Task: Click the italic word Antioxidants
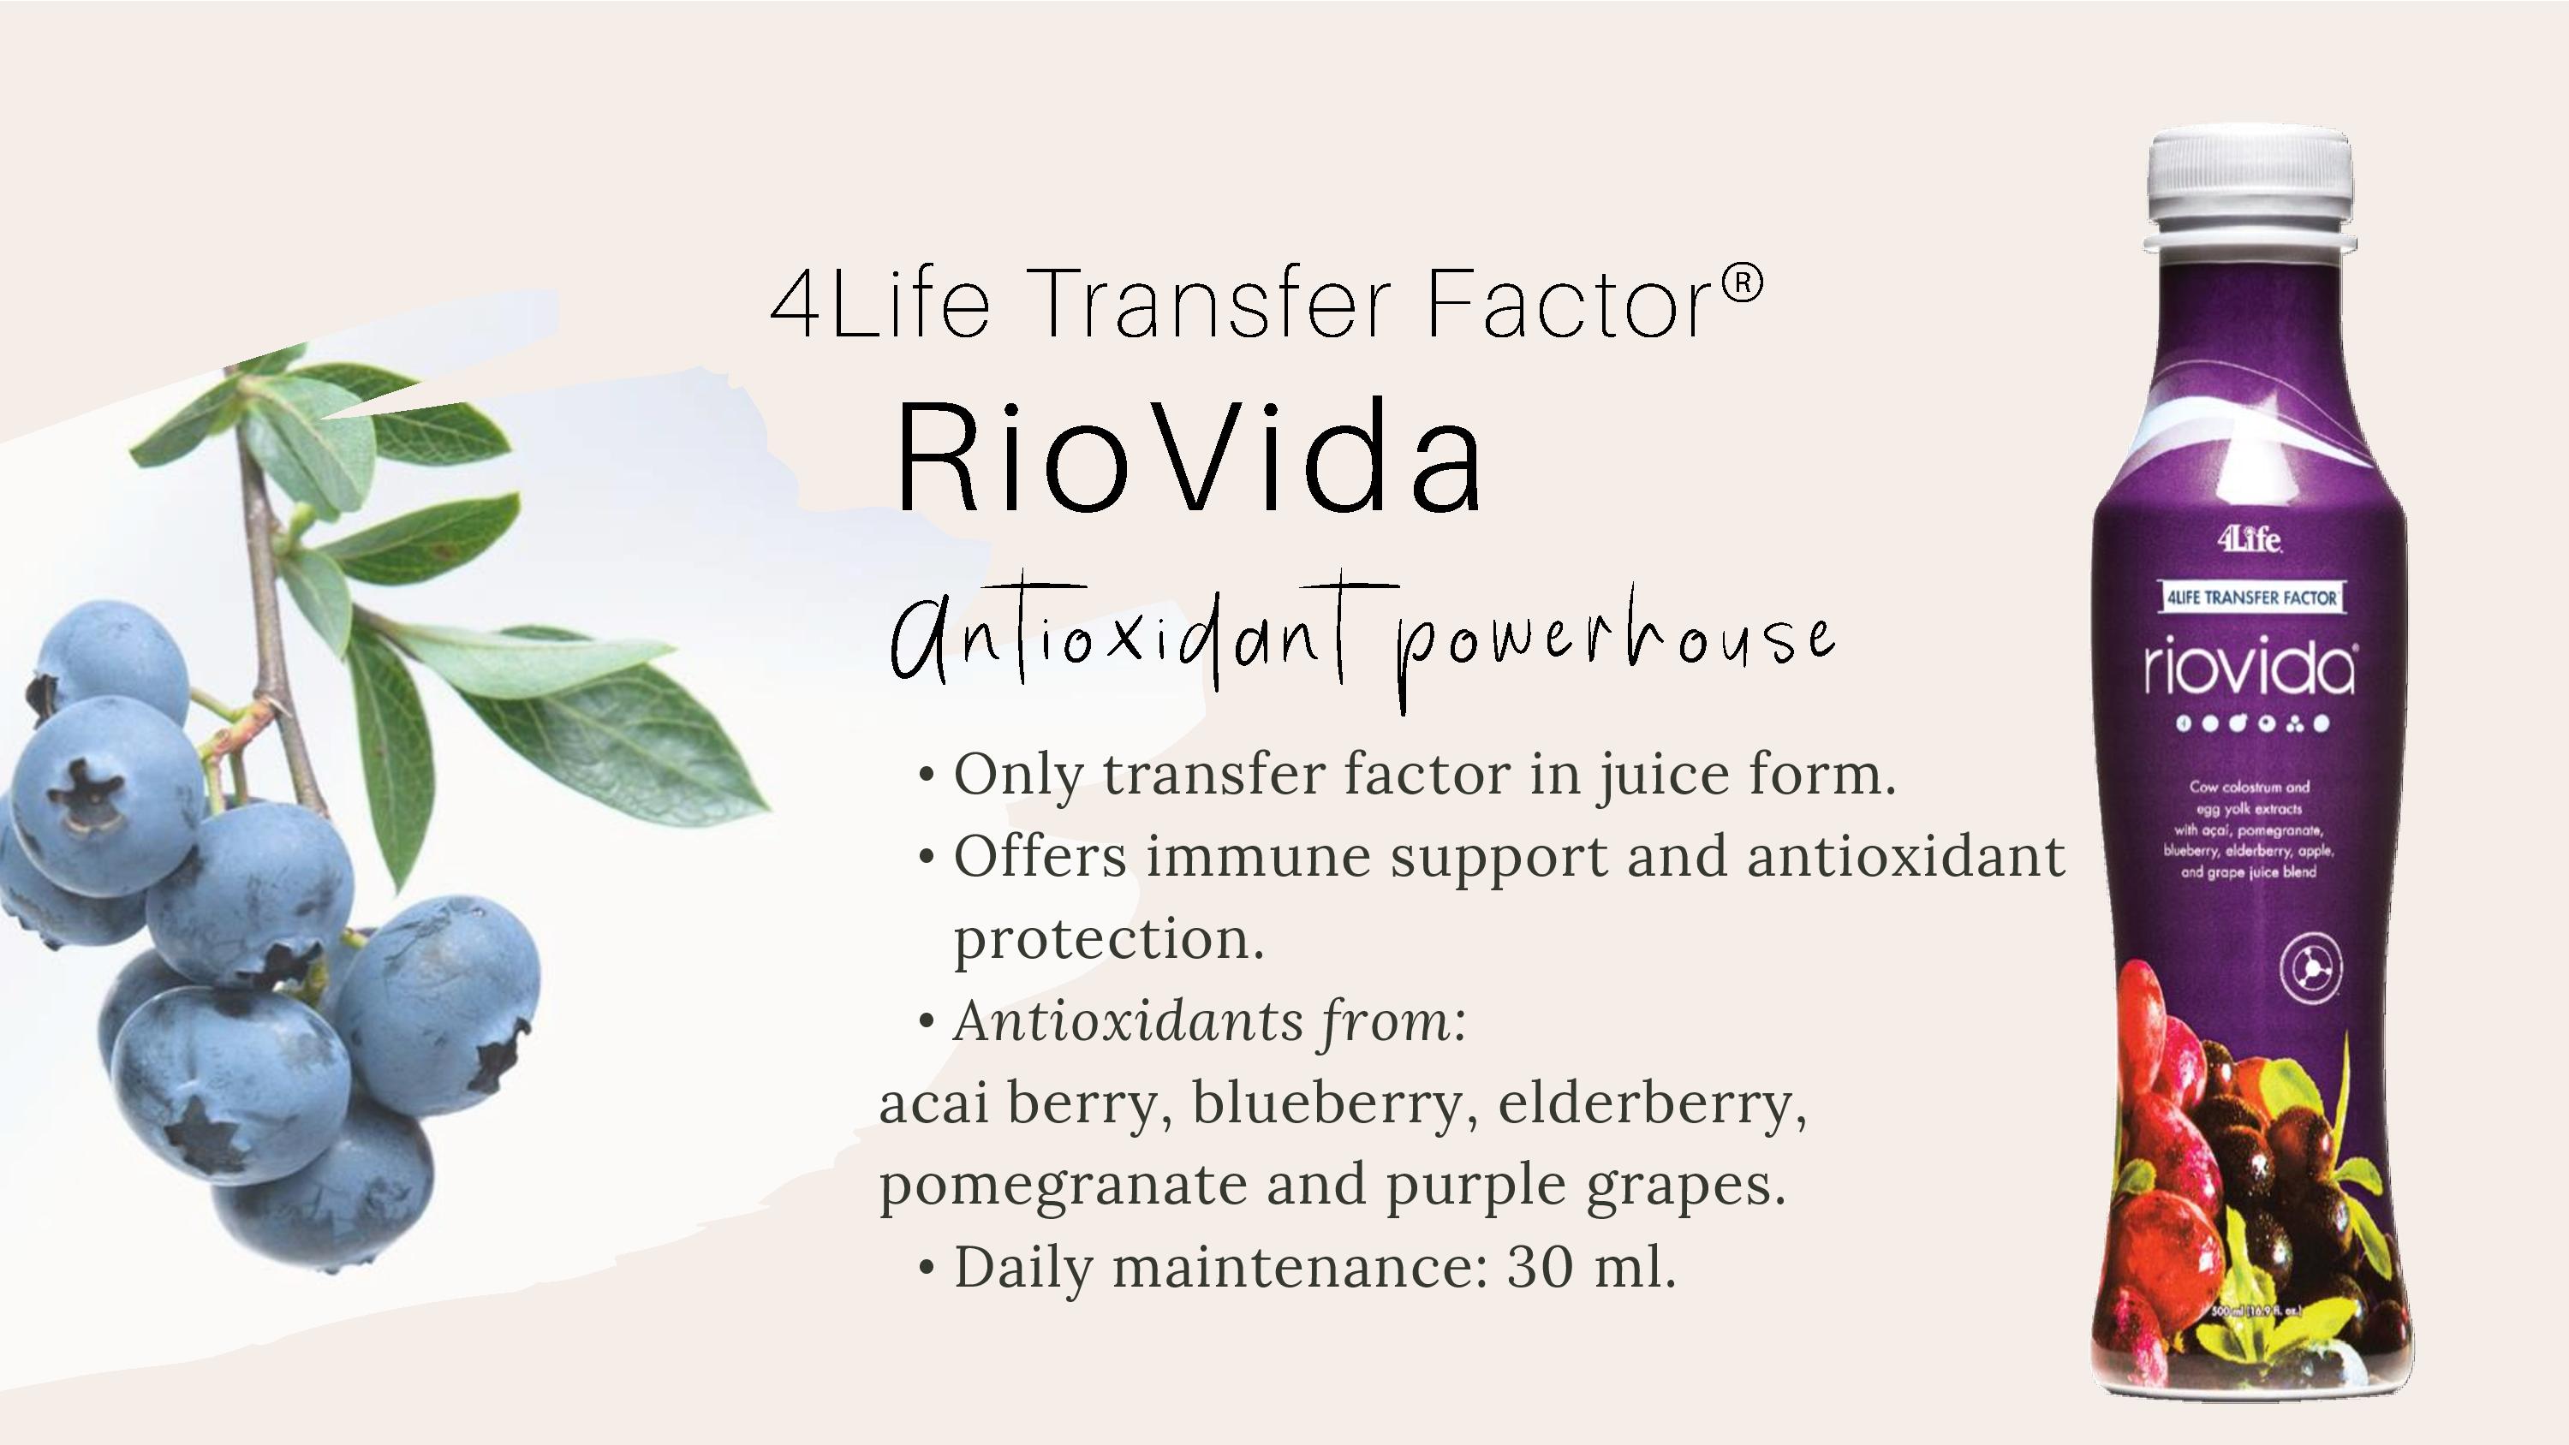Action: tap(1128, 1021)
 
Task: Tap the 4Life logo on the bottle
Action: tap(2250, 539)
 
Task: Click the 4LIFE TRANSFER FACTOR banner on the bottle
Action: tap(2250, 598)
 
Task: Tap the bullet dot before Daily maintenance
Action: tap(927, 1269)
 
